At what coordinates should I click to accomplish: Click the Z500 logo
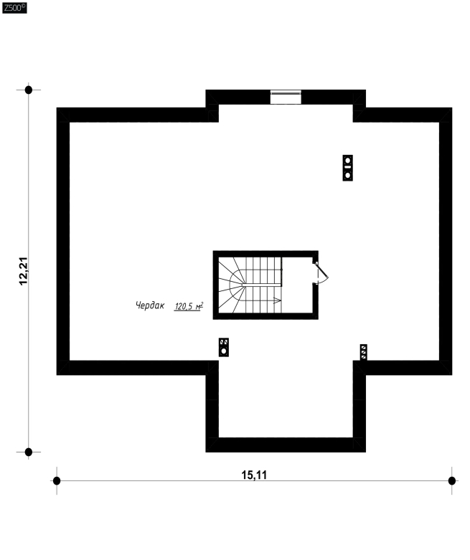[x=14, y=8]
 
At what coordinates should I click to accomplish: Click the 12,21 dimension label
[x=24, y=271]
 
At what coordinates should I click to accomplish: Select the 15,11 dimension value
[x=254, y=475]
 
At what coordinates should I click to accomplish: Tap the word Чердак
[x=150, y=305]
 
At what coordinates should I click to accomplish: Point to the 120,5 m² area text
[x=189, y=306]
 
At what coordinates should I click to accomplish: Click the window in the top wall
[x=286, y=97]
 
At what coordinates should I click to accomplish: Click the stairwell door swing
[x=321, y=273]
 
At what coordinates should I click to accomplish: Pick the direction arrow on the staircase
[x=278, y=300]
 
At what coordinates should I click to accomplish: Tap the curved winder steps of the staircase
[x=232, y=285]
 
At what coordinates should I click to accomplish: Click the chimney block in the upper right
[x=348, y=168]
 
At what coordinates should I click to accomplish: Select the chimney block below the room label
[x=224, y=347]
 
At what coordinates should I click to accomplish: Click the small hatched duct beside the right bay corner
[x=364, y=352]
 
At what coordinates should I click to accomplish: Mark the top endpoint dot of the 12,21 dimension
[x=29, y=90]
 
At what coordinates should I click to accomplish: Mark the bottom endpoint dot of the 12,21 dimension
[x=29, y=452]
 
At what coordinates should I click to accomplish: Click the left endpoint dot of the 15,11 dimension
[x=57, y=480]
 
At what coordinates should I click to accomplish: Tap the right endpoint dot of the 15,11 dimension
[x=452, y=480]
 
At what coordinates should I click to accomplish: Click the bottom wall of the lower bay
[x=286, y=445]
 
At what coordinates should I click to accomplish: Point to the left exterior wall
[x=63, y=241]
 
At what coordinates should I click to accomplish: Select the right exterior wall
[x=446, y=241]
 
